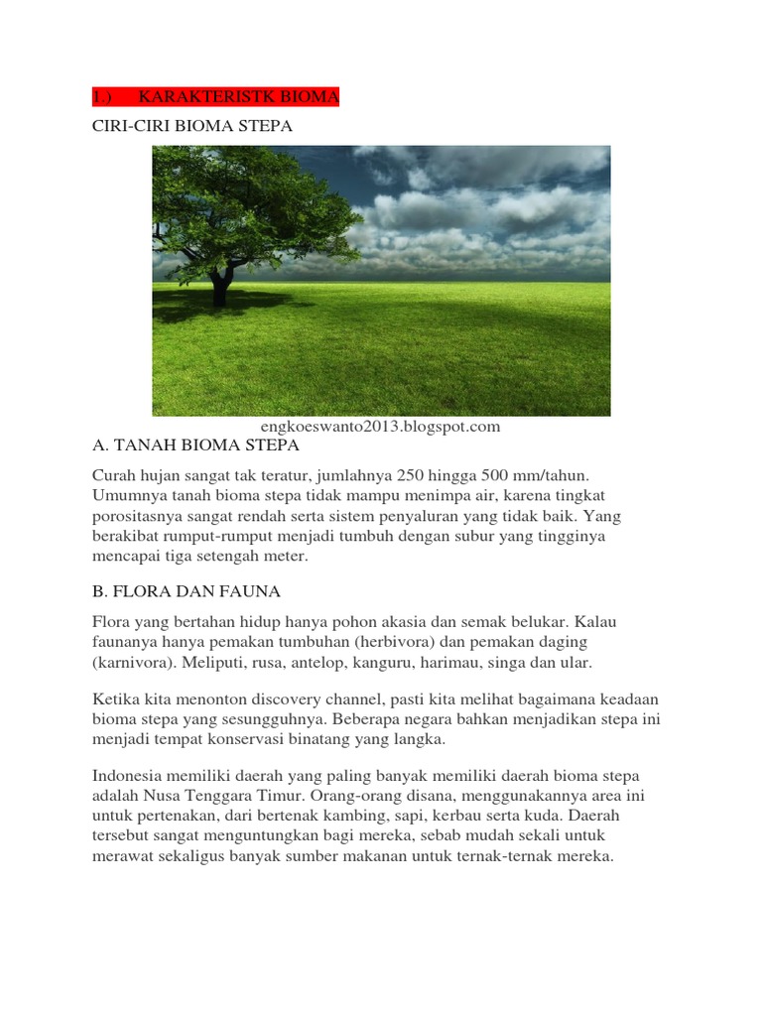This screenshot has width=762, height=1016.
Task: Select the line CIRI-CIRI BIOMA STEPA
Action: pos(192,127)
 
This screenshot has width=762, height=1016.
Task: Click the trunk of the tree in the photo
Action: pos(219,285)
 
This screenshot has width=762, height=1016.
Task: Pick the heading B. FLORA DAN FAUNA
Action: pos(187,591)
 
